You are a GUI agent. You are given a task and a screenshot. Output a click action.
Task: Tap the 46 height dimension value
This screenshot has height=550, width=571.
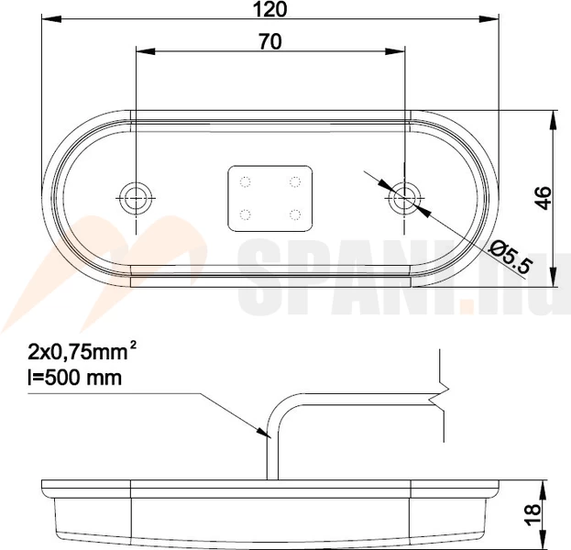coord(543,197)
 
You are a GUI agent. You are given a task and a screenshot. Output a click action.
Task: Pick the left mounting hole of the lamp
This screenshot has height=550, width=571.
coord(136,194)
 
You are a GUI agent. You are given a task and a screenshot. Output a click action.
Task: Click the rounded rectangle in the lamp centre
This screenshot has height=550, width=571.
coord(270,197)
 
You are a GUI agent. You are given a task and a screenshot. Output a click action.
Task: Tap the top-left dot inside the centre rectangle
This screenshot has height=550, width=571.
coord(245,181)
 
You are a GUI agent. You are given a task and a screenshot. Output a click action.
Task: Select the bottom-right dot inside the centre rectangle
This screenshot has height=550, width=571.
coord(296,214)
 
